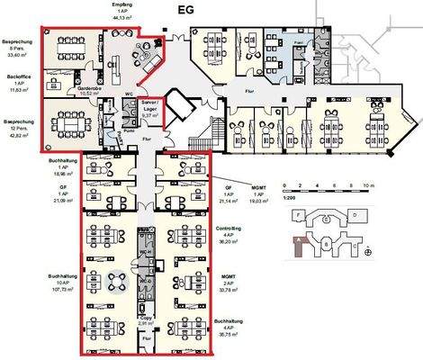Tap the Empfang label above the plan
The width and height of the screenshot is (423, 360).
point(117,4)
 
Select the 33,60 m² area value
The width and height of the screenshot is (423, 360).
point(17,53)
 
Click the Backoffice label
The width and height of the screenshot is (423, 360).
point(17,79)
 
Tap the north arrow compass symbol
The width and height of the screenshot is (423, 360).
point(367,253)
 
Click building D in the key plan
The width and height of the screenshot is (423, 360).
point(354,216)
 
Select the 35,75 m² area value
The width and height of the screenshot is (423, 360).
point(233,334)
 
